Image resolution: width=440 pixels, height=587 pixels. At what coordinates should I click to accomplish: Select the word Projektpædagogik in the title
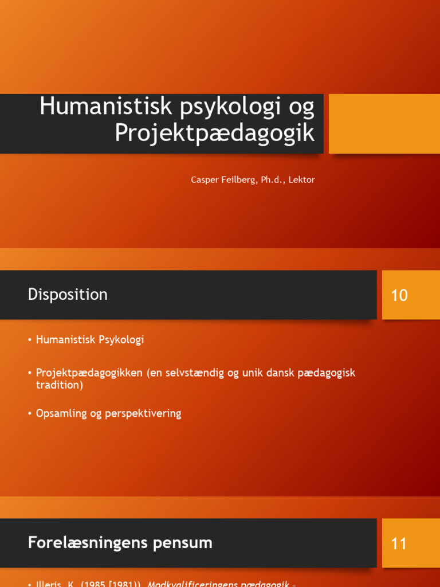pyautogui.click(x=214, y=133)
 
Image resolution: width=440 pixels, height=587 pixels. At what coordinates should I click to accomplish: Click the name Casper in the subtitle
pyautogui.click(x=203, y=180)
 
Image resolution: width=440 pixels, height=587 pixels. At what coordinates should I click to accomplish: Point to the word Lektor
pyautogui.click(x=301, y=180)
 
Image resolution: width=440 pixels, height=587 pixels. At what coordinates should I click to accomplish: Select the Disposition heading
pyautogui.click(x=68, y=295)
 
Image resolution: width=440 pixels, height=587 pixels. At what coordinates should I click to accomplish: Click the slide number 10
pyautogui.click(x=399, y=296)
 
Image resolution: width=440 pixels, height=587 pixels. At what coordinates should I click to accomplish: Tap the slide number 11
pyautogui.click(x=399, y=543)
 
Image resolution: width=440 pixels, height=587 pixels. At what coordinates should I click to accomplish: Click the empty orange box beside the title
pyautogui.click(x=384, y=124)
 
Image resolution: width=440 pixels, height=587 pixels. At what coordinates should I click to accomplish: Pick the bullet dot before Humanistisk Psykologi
pyautogui.click(x=29, y=341)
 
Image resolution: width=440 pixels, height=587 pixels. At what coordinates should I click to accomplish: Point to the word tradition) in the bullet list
pyautogui.click(x=59, y=385)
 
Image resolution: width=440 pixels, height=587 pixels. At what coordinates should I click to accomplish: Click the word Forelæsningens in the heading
pyautogui.click(x=80, y=543)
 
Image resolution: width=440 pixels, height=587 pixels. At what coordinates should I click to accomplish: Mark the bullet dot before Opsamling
pyautogui.click(x=29, y=414)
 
